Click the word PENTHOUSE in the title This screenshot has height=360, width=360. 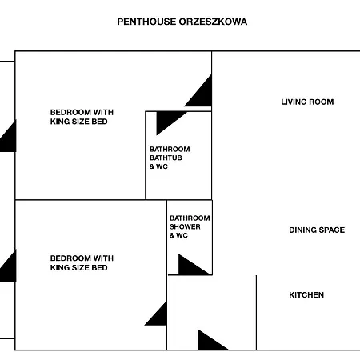tap(146, 22)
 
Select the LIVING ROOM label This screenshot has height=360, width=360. tap(307, 102)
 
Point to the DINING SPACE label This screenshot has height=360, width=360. tap(317, 230)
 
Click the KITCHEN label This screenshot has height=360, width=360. tap(306, 295)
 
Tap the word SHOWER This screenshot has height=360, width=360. tap(185, 226)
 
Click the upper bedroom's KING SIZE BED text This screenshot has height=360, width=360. tap(78, 122)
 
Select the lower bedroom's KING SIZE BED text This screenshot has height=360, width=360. tap(78, 268)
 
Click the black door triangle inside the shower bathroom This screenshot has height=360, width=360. tap(190, 266)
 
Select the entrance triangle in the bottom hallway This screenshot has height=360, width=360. tap(210, 342)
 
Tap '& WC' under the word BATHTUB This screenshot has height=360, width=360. tap(158, 166)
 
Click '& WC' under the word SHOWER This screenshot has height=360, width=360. tap(178, 236)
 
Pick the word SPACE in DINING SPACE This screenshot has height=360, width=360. tap(331, 230)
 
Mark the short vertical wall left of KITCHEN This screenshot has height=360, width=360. tap(256, 312)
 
